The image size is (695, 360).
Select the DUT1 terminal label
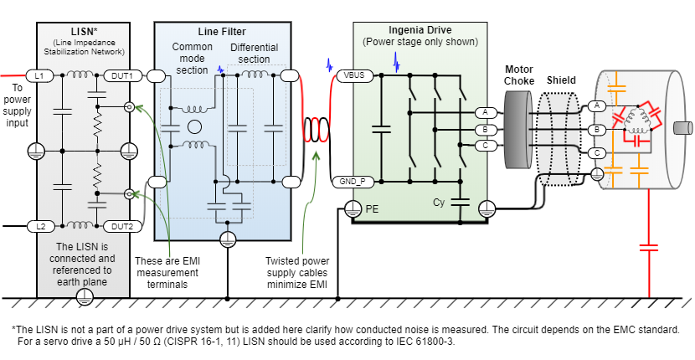[x=121, y=75]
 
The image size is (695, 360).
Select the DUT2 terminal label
[x=121, y=226]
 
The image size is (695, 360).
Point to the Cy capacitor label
[x=439, y=202]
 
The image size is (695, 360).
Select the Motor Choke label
[x=519, y=75]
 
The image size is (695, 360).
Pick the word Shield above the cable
[x=561, y=80]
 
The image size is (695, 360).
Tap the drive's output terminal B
[x=484, y=130]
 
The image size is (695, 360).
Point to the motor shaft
[x=682, y=128]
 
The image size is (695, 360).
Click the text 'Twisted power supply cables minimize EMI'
[x=298, y=273]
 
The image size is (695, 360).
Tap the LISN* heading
[x=82, y=30]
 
